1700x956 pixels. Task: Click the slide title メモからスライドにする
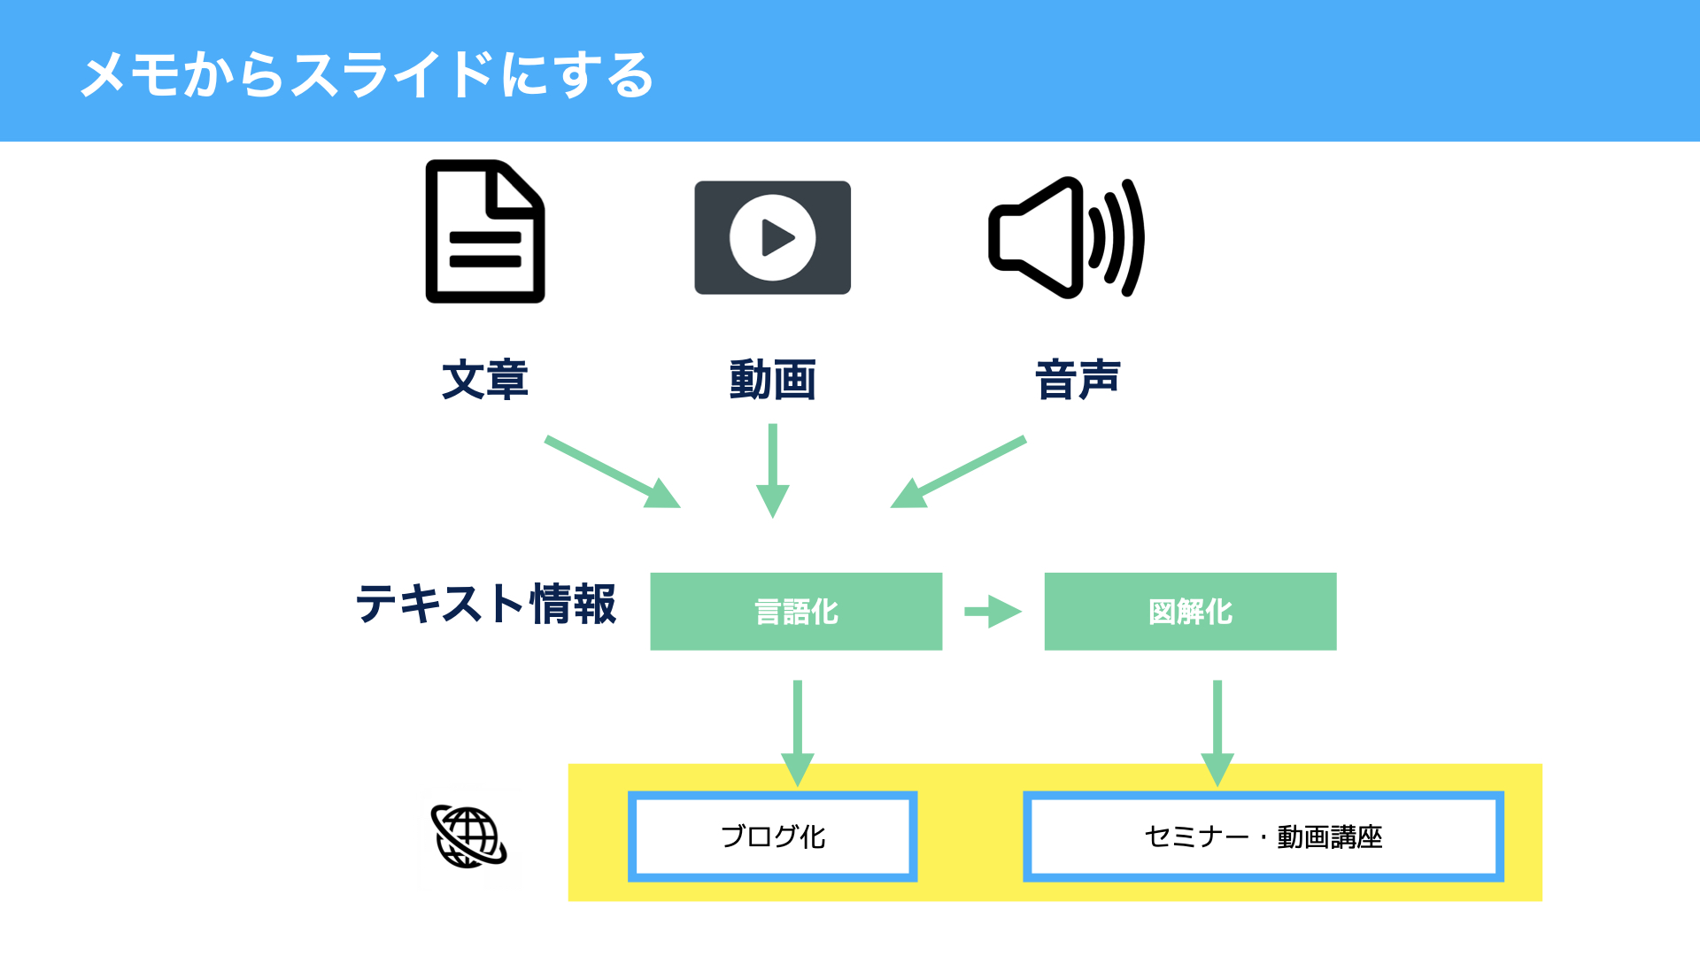[x=367, y=74]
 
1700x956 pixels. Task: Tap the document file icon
[x=485, y=231]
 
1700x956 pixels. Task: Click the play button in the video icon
[x=773, y=237]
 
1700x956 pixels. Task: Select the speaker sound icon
[x=1066, y=237]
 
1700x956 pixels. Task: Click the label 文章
[x=485, y=380]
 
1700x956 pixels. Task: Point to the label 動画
[x=773, y=380]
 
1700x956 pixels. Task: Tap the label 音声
[x=1078, y=380]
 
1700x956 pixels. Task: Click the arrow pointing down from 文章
[x=613, y=472]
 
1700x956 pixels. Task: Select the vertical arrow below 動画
[x=773, y=471]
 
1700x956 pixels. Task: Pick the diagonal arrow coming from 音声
[x=958, y=472]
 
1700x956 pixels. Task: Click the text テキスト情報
[x=485, y=604]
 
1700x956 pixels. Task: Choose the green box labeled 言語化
[x=796, y=612]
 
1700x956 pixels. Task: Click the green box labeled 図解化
[x=1191, y=612]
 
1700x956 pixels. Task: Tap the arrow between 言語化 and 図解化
[x=993, y=612]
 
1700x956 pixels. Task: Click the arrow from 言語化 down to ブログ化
[x=798, y=734]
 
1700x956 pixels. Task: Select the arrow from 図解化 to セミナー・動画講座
[x=1217, y=734]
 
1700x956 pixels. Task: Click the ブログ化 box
[x=773, y=836]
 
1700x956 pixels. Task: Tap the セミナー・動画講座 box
[x=1263, y=836]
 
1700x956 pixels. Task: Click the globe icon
[x=469, y=837]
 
